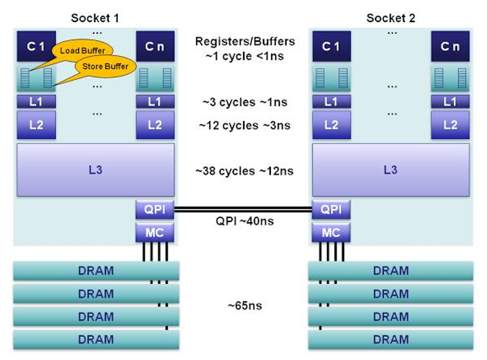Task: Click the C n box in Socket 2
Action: click(x=450, y=46)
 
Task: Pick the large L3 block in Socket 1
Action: click(x=96, y=170)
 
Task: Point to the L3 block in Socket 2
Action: click(x=390, y=170)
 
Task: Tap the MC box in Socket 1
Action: click(x=154, y=233)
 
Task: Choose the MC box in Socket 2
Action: click(x=330, y=233)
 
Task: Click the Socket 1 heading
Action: click(x=95, y=18)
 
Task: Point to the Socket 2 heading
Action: click(x=391, y=18)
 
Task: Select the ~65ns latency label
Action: click(x=244, y=305)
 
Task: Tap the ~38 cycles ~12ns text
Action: click(x=243, y=170)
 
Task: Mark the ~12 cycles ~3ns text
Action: click(x=244, y=126)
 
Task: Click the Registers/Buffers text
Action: click(x=244, y=42)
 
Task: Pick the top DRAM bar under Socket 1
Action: click(x=96, y=271)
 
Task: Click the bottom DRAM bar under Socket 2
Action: click(x=390, y=339)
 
